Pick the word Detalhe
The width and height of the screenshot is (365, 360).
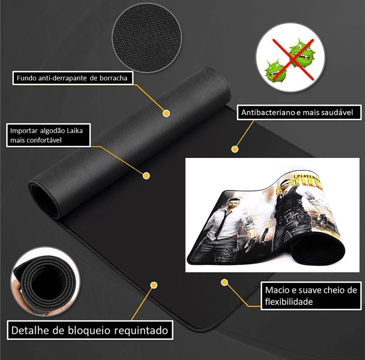(x=28, y=331)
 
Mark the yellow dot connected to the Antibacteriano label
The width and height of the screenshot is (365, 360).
(x=234, y=148)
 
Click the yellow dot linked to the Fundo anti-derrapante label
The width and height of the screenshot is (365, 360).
(x=166, y=113)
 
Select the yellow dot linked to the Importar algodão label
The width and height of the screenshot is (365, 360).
(x=146, y=175)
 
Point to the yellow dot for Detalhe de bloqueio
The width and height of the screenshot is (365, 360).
(x=154, y=285)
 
